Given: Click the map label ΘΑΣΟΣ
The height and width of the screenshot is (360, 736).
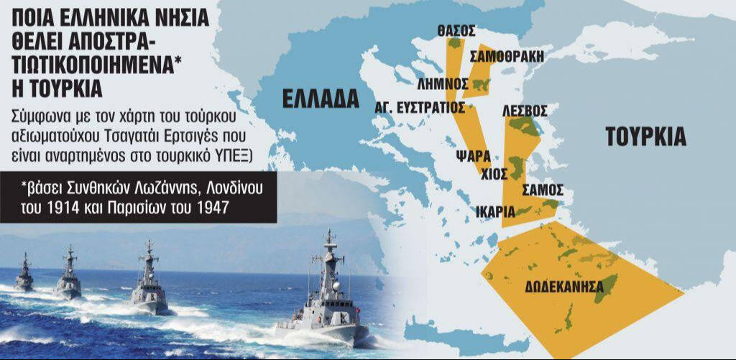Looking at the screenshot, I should click(x=456, y=31).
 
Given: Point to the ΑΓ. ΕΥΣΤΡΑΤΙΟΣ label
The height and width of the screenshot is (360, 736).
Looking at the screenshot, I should click(x=420, y=107).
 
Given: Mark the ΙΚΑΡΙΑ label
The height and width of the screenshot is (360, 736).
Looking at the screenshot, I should click(x=495, y=211).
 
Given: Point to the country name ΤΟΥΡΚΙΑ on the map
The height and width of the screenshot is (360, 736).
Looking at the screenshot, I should click(x=645, y=137).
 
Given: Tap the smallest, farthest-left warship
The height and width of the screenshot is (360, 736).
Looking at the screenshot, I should click(x=24, y=274).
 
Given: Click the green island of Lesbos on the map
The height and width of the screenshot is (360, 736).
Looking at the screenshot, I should click(x=523, y=127).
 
